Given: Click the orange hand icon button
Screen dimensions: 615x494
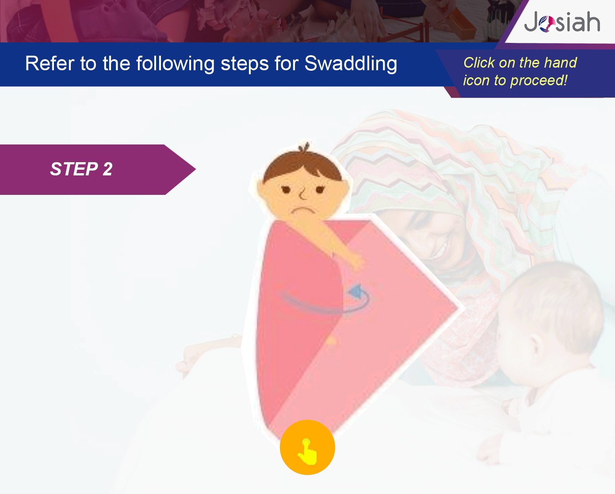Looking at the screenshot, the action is point(307,447).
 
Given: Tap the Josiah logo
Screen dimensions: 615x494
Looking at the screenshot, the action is point(562,22).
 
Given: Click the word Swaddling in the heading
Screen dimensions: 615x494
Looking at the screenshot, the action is point(351,64).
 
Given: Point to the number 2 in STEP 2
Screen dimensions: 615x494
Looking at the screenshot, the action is point(107,169).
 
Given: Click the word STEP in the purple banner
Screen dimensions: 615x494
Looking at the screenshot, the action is point(74,169).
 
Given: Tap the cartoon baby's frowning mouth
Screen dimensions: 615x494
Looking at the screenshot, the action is point(304,211).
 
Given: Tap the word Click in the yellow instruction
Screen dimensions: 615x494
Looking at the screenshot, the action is point(479,63).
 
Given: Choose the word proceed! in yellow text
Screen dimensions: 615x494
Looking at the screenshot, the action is point(539,80).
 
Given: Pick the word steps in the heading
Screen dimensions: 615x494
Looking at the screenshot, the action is point(244,64).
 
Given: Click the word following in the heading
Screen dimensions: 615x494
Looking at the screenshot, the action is point(175,64).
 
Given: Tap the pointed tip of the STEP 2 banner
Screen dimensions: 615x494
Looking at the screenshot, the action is point(195,169).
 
